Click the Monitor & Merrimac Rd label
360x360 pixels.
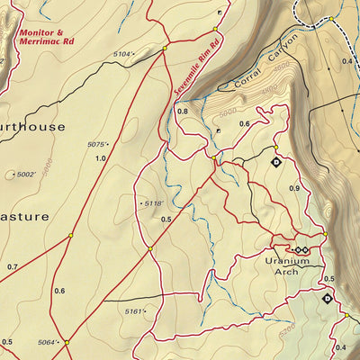tap(48, 36)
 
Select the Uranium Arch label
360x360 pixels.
tap(287, 265)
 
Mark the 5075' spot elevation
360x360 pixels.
tap(99, 144)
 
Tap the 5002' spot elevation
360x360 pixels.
tap(28, 175)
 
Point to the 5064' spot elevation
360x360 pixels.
tap(54, 343)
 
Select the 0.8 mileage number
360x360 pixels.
tap(184, 112)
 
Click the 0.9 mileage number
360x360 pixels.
tap(294, 188)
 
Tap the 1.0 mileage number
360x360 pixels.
tap(100, 158)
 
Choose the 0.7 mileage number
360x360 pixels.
tap(12, 267)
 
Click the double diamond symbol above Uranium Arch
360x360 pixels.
tap(300, 249)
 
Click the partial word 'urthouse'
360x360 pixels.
tap(33, 128)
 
